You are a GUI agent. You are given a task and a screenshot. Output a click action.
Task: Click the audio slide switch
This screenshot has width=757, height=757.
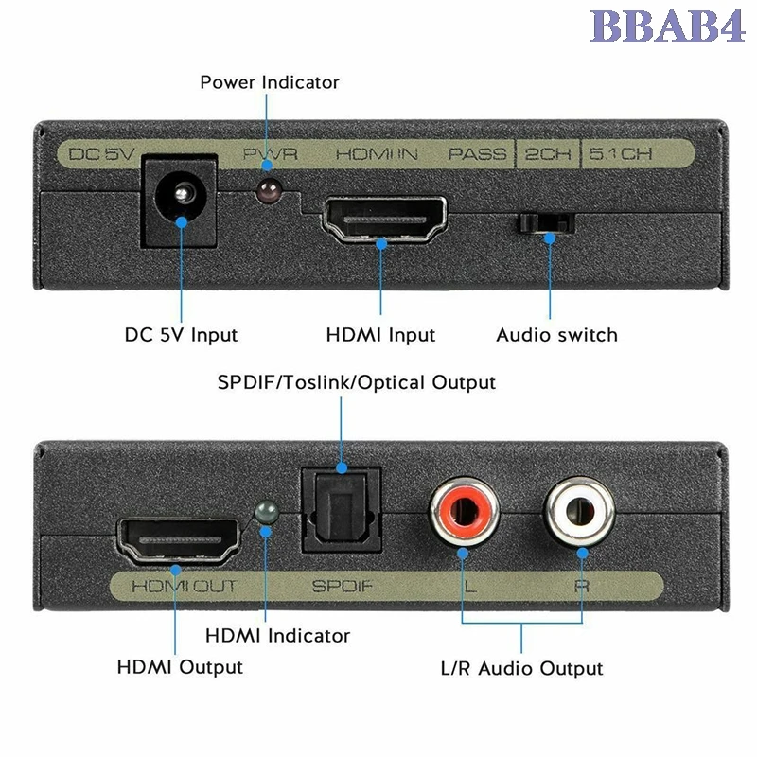547,224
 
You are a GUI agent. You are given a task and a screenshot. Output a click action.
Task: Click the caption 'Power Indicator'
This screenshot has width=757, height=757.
269,82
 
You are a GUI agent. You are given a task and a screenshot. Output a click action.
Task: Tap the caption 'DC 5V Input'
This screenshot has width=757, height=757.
182,335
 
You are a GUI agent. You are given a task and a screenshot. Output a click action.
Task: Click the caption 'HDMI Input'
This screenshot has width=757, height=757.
380,335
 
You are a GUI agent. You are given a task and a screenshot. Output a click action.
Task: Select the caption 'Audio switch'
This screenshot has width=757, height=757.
556,335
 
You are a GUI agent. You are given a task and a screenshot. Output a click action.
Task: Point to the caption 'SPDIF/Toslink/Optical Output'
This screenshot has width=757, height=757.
356,383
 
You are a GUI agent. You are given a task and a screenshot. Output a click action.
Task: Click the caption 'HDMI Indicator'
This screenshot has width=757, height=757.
277,636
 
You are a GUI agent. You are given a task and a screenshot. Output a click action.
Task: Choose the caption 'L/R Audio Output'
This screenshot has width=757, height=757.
521,669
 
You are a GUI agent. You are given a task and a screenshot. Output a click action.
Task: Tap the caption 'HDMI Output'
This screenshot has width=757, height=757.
180,667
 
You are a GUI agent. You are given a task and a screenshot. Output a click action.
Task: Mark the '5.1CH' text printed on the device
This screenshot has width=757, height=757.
621,153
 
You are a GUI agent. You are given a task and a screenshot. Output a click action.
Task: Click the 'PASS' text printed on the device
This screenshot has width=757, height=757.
477,153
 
